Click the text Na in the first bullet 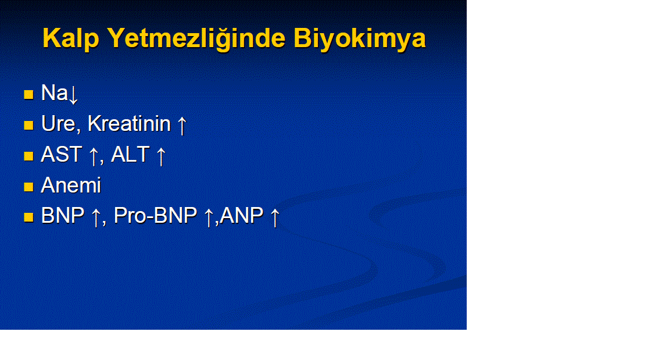click(x=54, y=92)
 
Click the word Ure click(x=58, y=124)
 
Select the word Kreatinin click(x=129, y=123)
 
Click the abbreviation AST click(x=61, y=154)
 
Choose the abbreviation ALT click(x=130, y=154)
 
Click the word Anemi click(x=71, y=185)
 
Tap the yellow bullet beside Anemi click(x=28, y=187)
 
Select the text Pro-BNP click(x=155, y=216)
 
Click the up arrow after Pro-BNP click(x=209, y=218)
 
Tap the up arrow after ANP click(x=275, y=218)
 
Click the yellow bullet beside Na click(x=28, y=94)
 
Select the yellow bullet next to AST click(x=28, y=156)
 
